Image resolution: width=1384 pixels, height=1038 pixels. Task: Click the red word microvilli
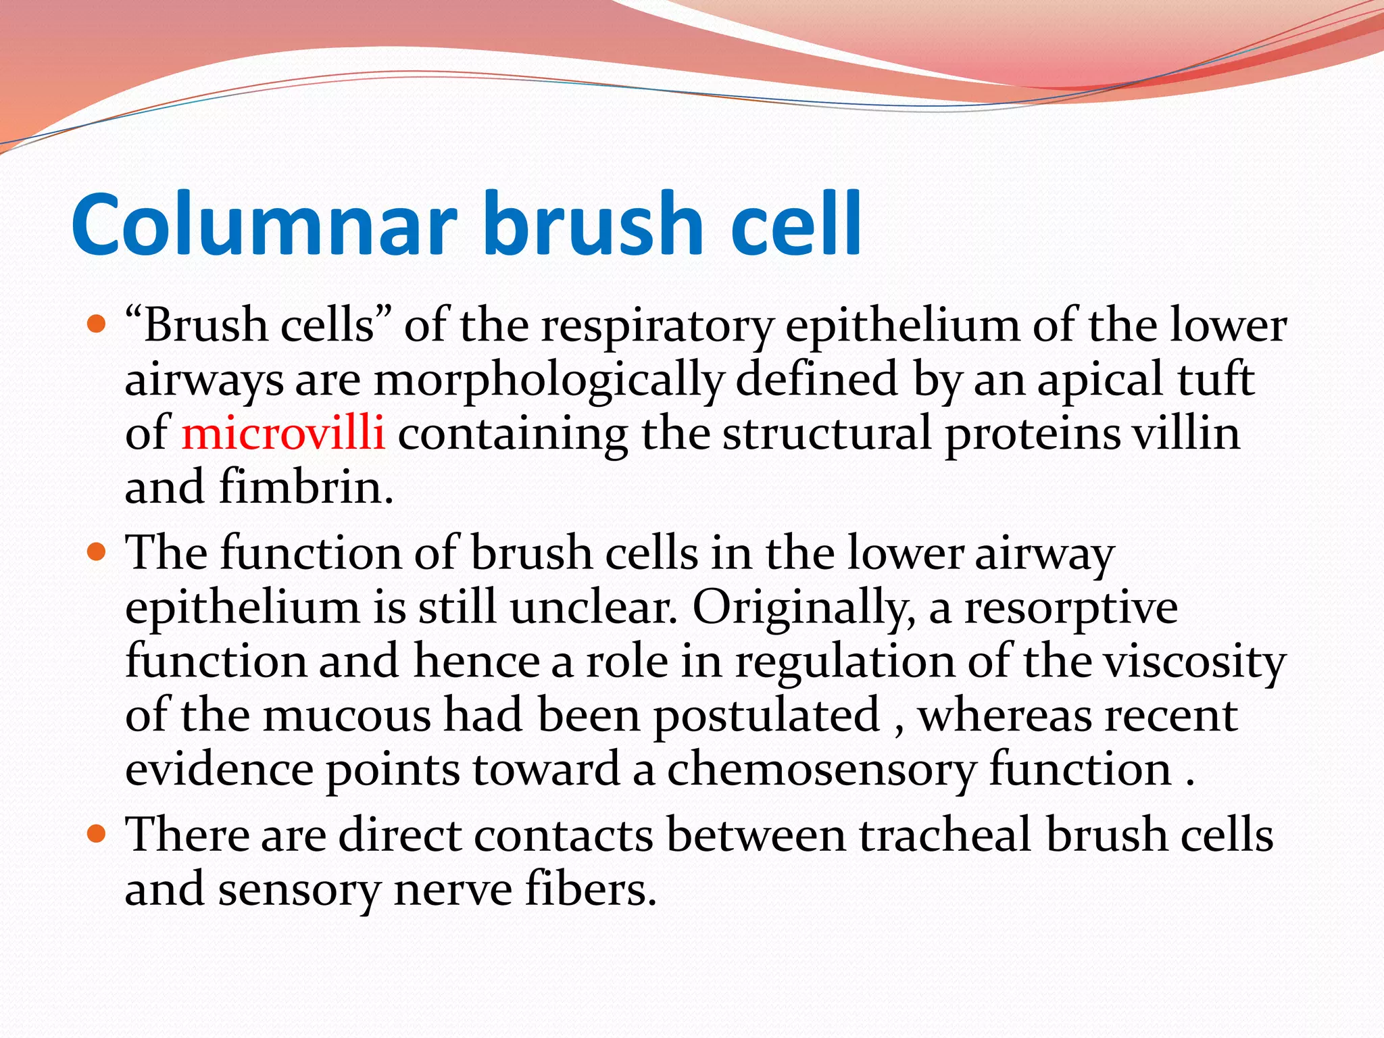283,433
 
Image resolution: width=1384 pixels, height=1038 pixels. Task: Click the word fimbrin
305,487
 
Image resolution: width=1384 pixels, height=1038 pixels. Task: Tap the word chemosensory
822,770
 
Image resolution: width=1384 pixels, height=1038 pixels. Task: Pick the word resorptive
1070,608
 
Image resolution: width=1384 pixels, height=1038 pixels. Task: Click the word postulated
766,716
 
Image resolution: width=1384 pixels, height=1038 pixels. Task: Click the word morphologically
548,380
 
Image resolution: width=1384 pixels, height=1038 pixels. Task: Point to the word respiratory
656,326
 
